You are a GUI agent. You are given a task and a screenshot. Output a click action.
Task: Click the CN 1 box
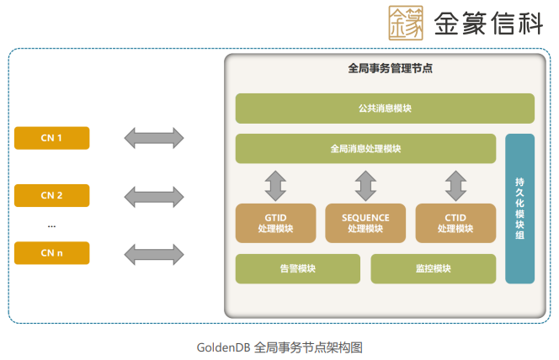[x=52, y=138]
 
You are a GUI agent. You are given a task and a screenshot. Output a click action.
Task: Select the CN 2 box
[x=52, y=196]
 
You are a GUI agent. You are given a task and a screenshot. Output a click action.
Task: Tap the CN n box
[x=52, y=252]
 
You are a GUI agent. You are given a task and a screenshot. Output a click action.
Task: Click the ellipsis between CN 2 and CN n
[x=51, y=225]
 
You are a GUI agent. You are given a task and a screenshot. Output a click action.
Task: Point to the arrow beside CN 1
[x=154, y=138]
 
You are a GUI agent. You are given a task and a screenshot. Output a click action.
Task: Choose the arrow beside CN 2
[x=154, y=196]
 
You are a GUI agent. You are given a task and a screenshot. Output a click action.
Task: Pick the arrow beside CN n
[x=154, y=252]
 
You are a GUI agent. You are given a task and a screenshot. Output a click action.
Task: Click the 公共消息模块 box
[x=385, y=109]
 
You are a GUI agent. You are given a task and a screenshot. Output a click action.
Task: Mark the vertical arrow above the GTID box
[x=275, y=183]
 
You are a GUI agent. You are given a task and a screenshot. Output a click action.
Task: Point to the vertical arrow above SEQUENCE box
[x=365, y=183]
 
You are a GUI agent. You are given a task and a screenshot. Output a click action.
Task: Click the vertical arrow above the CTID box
[x=455, y=183]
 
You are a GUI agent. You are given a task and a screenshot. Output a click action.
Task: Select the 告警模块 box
[x=297, y=269]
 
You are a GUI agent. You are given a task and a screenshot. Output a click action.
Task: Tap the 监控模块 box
[x=433, y=269]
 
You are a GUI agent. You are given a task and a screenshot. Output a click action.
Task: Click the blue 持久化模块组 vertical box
[x=520, y=209]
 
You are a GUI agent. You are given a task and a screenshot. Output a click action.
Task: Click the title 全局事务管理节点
[x=385, y=68]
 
